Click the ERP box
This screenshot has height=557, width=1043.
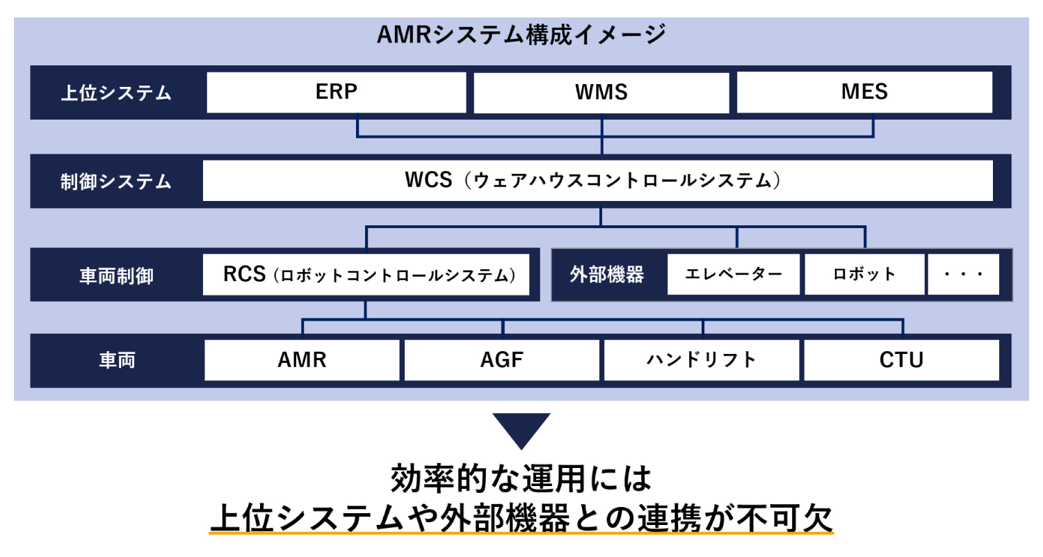[x=336, y=92]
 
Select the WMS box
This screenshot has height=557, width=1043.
[x=601, y=92]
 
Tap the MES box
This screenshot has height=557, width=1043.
[x=864, y=92]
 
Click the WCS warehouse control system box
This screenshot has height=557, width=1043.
[x=598, y=181]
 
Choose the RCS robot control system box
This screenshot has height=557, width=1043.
[x=366, y=274]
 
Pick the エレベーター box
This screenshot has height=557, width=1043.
[x=734, y=274]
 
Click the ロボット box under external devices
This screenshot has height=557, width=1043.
[x=865, y=274]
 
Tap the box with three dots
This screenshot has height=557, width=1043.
[x=963, y=274]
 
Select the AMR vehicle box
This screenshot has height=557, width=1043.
[x=302, y=360]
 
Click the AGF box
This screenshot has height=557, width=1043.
[x=502, y=360]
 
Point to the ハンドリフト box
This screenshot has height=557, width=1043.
[x=702, y=360]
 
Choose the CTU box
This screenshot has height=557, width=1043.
[x=901, y=360]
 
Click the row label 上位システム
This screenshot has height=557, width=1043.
[x=116, y=92]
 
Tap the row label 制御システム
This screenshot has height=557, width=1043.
[x=116, y=181]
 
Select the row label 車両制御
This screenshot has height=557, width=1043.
[x=116, y=275]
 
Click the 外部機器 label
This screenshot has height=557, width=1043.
[x=607, y=274]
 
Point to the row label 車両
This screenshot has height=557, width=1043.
[x=117, y=360]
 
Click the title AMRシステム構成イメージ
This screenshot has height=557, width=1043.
[x=521, y=35]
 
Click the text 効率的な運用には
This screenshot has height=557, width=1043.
[x=521, y=478]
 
